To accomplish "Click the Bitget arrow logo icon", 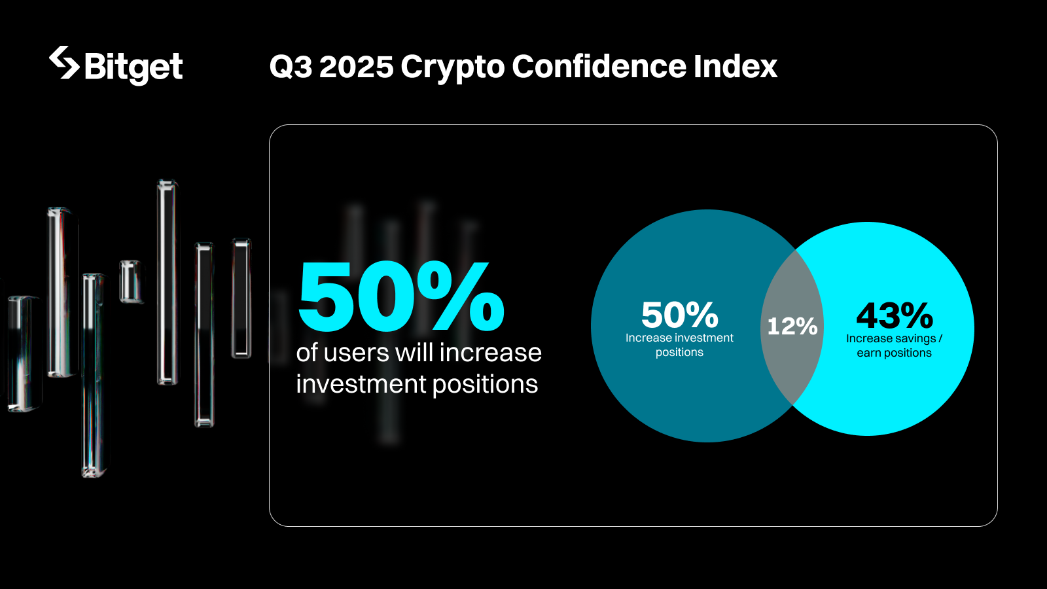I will point(64,63).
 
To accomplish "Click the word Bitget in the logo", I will point(133,67).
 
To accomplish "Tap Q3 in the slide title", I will point(290,67).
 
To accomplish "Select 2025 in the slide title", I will point(356,67).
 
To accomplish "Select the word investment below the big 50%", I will point(361,384).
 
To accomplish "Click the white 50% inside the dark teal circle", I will point(679,315).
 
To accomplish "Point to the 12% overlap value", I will point(792,326).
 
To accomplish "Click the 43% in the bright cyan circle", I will point(895,316).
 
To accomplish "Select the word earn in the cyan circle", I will point(868,353).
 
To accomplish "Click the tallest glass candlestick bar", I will point(168,281).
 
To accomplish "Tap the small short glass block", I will point(131,281).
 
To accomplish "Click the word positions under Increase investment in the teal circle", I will point(679,353).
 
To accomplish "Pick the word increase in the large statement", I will point(490,353).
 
